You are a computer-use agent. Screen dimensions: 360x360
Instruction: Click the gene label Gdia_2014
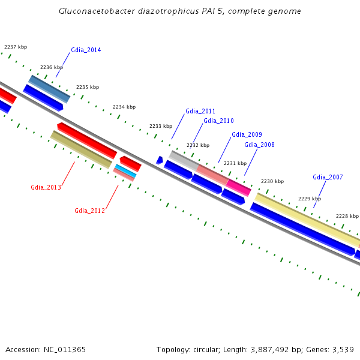(x=86, y=50)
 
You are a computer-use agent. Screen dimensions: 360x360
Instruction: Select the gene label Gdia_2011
(x=200, y=111)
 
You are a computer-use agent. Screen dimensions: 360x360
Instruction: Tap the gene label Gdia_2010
(x=218, y=121)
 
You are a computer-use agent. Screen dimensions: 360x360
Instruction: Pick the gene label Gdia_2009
(x=247, y=134)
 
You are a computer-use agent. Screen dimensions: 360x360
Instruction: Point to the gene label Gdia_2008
(x=259, y=145)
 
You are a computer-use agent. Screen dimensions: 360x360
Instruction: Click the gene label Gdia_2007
(x=328, y=177)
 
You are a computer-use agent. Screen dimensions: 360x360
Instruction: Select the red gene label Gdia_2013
(x=46, y=187)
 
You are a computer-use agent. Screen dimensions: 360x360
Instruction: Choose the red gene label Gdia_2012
(x=90, y=211)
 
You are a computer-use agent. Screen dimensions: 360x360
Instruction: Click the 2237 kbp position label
(x=16, y=47)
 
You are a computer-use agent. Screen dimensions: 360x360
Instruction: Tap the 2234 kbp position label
(x=124, y=107)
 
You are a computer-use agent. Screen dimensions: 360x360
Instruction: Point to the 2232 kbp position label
(x=198, y=145)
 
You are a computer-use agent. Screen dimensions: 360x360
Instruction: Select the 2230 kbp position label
(x=272, y=181)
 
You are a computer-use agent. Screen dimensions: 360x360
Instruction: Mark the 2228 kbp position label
(x=347, y=216)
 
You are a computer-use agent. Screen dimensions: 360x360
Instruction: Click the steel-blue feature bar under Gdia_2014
(x=50, y=88)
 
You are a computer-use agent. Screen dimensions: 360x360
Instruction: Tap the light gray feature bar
(x=183, y=160)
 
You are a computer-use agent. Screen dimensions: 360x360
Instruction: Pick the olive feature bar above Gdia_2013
(x=81, y=149)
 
